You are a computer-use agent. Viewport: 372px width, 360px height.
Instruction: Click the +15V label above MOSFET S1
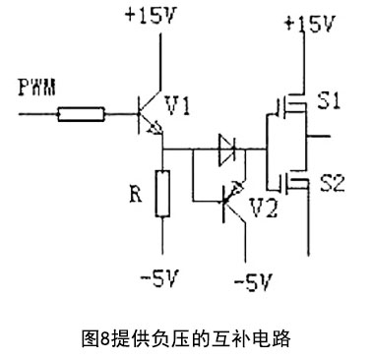308,22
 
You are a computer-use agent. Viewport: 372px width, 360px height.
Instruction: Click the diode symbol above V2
227,150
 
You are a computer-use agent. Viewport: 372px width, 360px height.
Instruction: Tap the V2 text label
265,209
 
